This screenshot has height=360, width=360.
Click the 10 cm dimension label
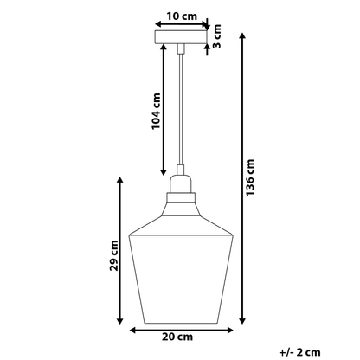click(182, 16)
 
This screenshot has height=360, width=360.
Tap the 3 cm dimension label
click(217, 36)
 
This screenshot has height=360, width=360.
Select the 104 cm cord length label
click(156, 111)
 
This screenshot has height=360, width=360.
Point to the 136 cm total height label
click(250, 177)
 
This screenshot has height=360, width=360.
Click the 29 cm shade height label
click(114, 255)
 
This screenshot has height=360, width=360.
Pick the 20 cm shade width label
click(177, 337)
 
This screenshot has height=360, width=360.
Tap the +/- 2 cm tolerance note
click(299, 352)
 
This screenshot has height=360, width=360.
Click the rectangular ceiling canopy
click(181, 37)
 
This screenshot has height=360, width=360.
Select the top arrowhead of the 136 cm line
click(242, 36)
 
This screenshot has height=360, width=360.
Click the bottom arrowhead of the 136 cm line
click(242, 320)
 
